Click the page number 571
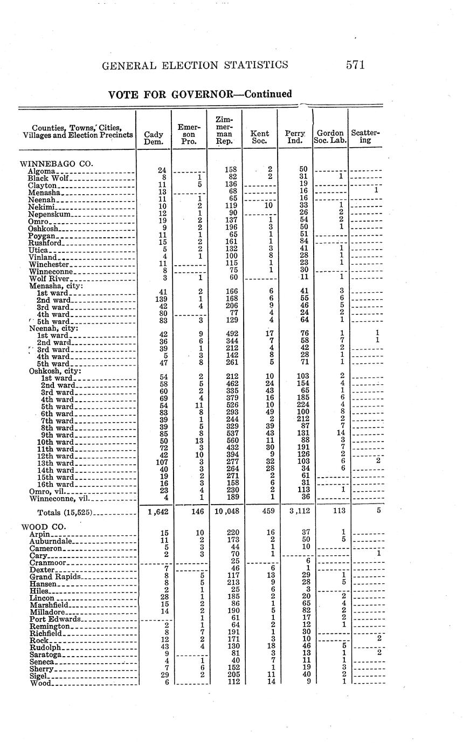click(355, 65)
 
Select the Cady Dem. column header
click(154, 137)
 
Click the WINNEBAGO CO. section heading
click(57, 163)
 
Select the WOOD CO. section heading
click(43, 526)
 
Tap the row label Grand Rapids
click(56, 577)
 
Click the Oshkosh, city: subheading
click(55, 371)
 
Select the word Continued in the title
click(268, 94)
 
